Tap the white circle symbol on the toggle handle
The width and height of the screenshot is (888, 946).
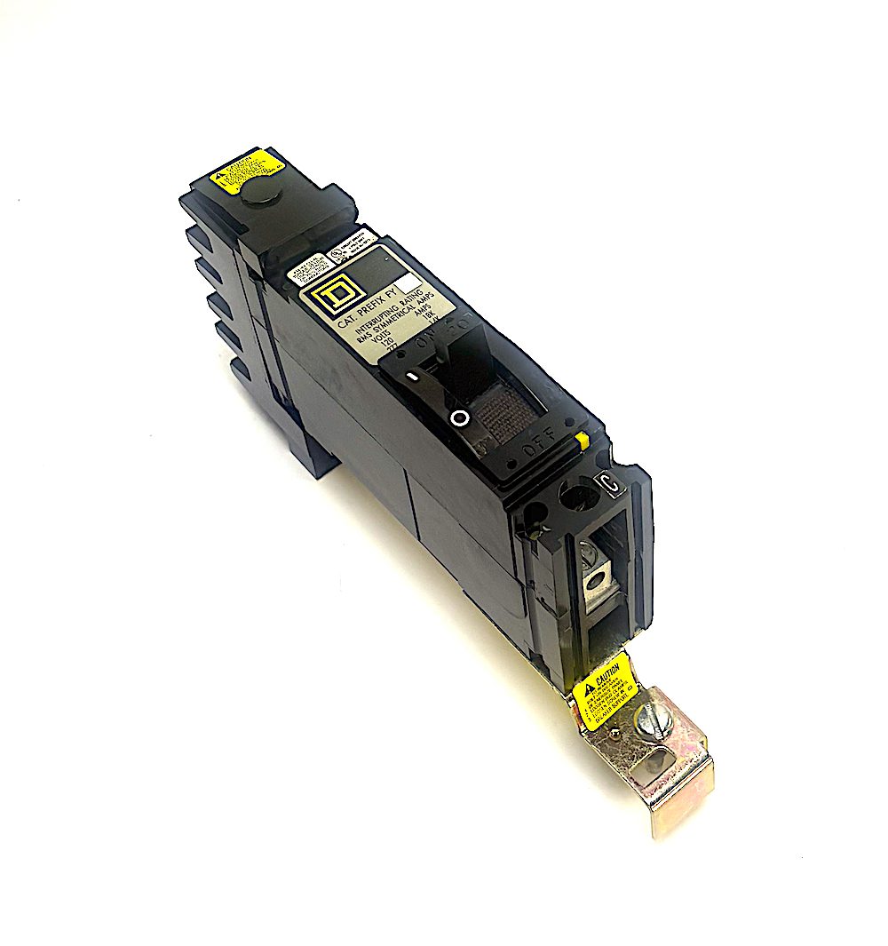coord(459,418)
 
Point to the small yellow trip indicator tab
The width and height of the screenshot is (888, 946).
coord(582,440)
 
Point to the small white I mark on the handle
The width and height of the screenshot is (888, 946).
coord(413,378)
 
